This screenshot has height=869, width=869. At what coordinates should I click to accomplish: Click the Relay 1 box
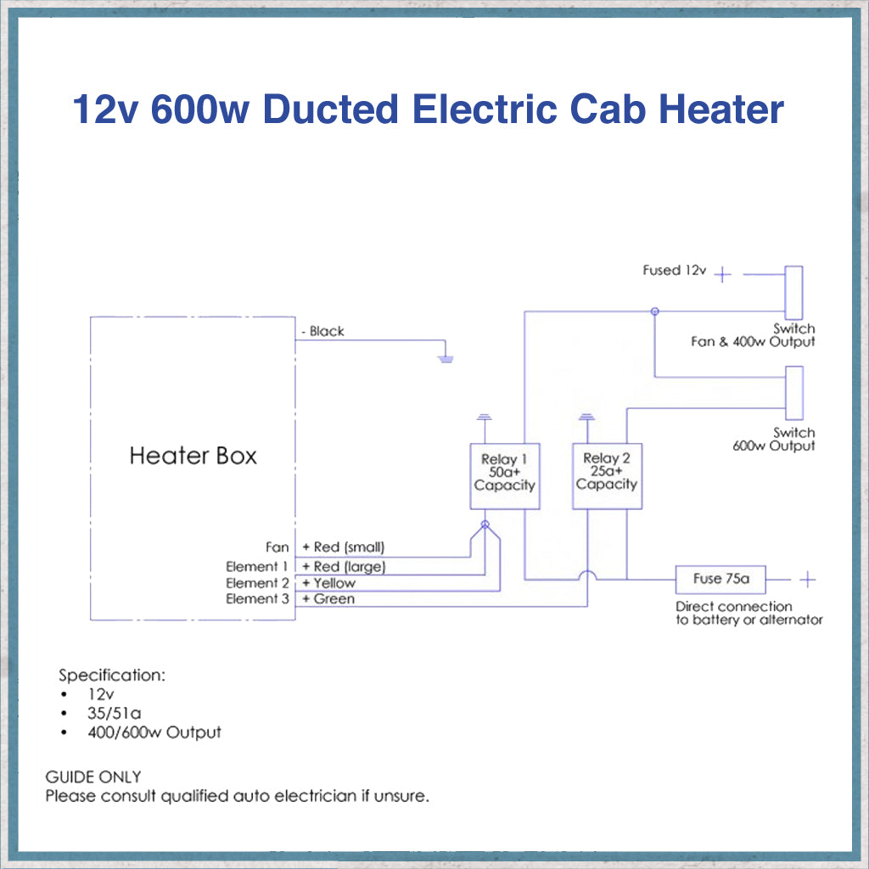(x=505, y=476)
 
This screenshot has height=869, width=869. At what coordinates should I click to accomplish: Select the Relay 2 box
(x=607, y=476)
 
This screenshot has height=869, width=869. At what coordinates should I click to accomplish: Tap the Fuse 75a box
(x=720, y=580)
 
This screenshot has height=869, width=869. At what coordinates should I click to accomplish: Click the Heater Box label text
(x=193, y=456)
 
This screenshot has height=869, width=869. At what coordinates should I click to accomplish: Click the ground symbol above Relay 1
(x=485, y=417)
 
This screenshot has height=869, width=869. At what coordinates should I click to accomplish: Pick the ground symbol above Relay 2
(x=585, y=417)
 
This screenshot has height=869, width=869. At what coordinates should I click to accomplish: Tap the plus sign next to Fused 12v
(x=722, y=274)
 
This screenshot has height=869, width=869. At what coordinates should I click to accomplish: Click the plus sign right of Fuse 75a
(x=808, y=580)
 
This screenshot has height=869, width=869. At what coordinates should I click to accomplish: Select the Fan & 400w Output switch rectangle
(x=794, y=292)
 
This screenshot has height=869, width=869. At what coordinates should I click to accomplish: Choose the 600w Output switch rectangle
(x=794, y=392)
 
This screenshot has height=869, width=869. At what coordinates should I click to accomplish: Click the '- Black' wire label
(x=322, y=331)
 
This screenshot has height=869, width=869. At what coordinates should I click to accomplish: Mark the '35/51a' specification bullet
(x=114, y=713)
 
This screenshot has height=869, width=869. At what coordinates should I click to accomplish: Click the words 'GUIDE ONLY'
(x=93, y=777)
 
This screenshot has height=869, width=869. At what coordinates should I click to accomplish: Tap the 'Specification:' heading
(x=111, y=676)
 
